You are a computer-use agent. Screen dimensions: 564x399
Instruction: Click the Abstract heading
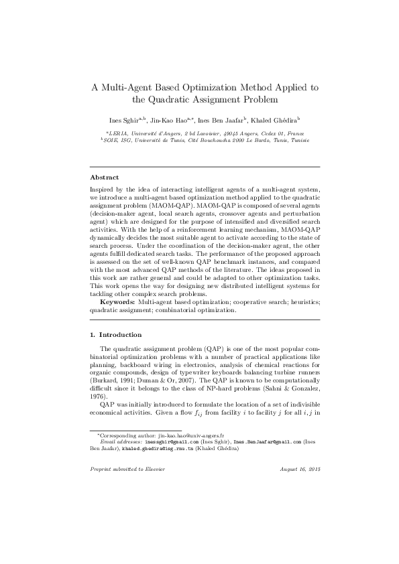104,178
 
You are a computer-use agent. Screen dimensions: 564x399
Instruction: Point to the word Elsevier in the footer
153,469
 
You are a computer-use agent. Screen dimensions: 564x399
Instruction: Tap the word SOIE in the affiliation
111,141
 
